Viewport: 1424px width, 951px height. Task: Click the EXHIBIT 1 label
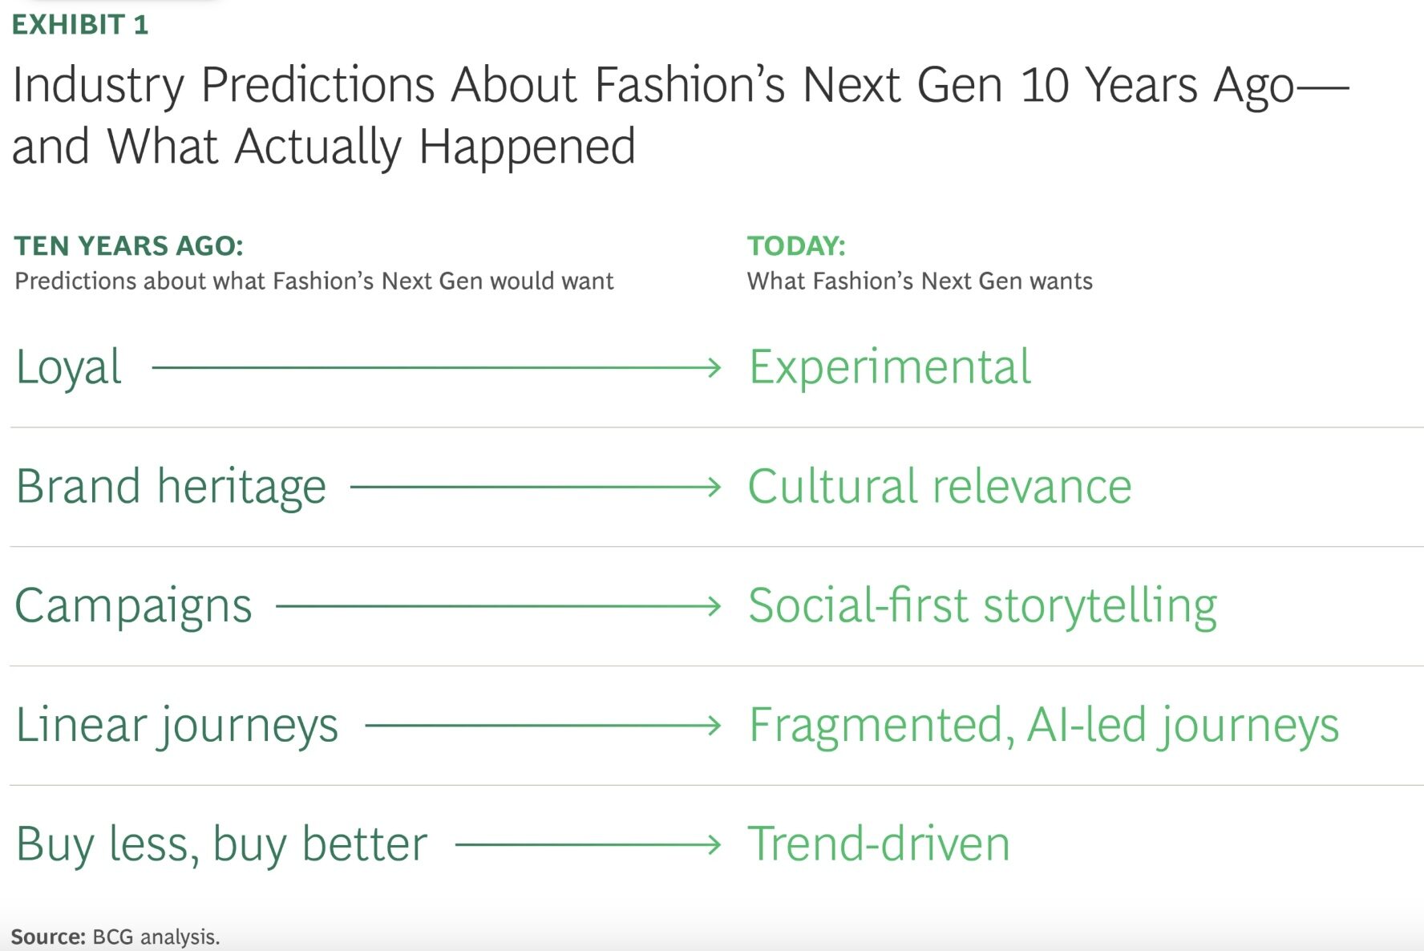pyautogui.click(x=80, y=25)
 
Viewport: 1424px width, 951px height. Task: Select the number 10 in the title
pyautogui.click(x=1044, y=84)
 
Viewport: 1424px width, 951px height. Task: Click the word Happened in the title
pyautogui.click(x=527, y=147)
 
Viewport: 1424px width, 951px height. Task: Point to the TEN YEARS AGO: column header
pyautogui.click(x=129, y=245)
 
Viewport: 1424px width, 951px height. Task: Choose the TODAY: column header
pyautogui.click(x=796, y=245)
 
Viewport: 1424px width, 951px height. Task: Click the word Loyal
pyautogui.click(x=69, y=368)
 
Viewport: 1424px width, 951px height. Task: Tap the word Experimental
pyautogui.click(x=890, y=368)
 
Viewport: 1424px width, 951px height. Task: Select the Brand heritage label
pyautogui.click(x=171, y=487)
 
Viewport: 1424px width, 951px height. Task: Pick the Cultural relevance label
pyautogui.click(x=940, y=486)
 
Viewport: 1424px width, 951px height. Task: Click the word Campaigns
pyautogui.click(x=134, y=606)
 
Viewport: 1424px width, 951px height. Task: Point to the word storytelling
pyautogui.click(x=1100, y=606)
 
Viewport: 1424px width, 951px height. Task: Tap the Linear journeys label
pyautogui.click(x=177, y=726)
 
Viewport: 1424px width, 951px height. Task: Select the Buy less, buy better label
pyautogui.click(x=222, y=844)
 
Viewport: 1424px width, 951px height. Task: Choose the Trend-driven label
pyautogui.click(x=879, y=844)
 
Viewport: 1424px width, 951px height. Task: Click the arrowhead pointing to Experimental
pyautogui.click(x=714, y=368)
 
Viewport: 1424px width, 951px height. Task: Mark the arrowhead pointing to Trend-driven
pyautogui.click(x=714, y=844)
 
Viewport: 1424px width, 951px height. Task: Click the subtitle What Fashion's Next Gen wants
pyautogui.click(x=920, y=281)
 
